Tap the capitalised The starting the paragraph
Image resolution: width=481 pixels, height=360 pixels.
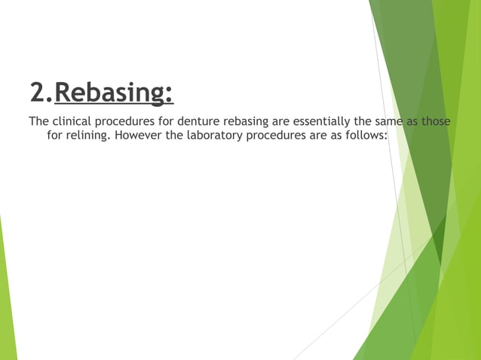[x=39, y=121]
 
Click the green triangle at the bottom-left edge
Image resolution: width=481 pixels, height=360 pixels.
[x=6, y=301]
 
